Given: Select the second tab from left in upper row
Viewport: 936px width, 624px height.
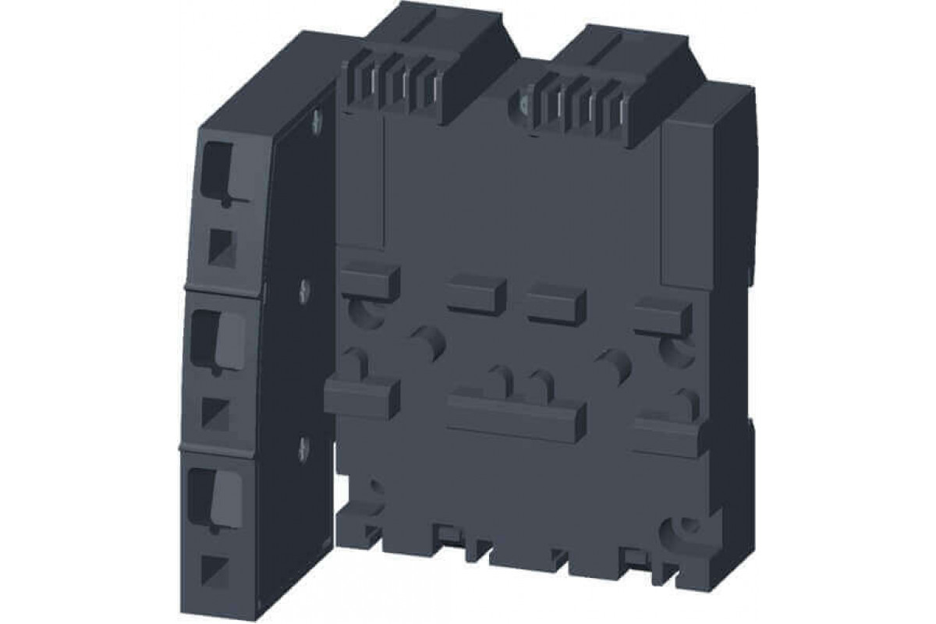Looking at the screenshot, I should pyautogui.click(x=476, y=295).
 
